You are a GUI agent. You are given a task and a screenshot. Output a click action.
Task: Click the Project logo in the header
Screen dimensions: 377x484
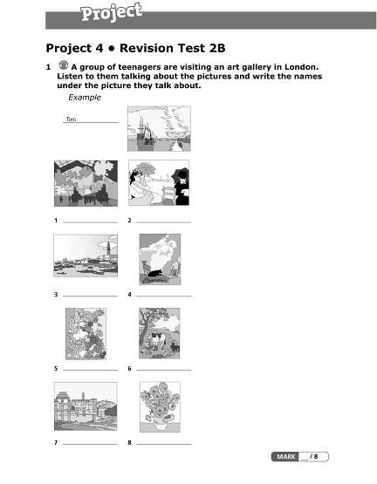111,13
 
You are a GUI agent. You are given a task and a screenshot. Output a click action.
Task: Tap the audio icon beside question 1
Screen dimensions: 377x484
64,65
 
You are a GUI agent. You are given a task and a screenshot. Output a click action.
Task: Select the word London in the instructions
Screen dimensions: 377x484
301,67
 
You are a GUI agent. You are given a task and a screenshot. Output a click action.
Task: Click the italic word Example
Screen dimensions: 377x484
85,97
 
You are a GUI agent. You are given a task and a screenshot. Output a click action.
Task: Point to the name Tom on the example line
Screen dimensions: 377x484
71,119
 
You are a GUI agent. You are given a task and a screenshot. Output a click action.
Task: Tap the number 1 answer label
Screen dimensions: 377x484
56,221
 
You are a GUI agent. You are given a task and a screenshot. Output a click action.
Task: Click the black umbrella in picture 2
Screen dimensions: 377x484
181,177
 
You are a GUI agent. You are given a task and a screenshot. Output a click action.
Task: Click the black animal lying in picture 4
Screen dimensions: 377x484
155,273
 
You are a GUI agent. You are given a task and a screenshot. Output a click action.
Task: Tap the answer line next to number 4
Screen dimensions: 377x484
164,296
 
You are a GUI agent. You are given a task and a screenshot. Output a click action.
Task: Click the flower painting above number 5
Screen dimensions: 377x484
86,334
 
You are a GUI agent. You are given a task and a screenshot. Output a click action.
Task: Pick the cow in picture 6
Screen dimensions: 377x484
157,339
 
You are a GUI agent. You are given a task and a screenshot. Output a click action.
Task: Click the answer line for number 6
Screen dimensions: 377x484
164,370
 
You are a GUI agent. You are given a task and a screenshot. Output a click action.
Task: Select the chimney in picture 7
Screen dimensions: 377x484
83,396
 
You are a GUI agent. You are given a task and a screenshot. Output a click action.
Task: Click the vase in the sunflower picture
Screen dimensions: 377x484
160,426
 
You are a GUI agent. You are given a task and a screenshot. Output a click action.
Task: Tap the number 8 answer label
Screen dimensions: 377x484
129,443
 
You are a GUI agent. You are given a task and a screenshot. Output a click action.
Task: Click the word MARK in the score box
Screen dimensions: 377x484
286,456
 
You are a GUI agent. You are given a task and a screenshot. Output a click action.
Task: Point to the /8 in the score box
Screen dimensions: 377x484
314,456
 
